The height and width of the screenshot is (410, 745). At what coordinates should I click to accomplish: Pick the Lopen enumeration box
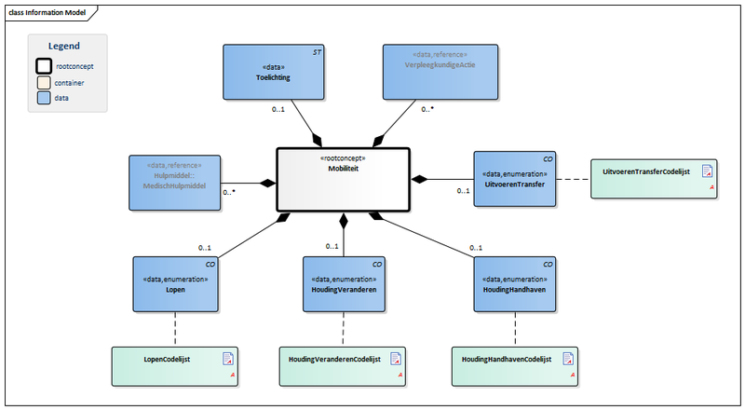[176, 283]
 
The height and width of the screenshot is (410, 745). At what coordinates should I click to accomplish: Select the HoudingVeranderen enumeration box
[345, 283]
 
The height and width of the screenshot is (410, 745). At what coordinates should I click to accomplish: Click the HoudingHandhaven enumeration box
[515, 283]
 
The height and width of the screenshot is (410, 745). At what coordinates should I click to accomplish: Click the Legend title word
[64, 46]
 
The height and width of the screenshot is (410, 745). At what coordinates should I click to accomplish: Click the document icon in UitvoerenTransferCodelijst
[707, 171]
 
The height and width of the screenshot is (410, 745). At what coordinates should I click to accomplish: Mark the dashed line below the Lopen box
[176, 328]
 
